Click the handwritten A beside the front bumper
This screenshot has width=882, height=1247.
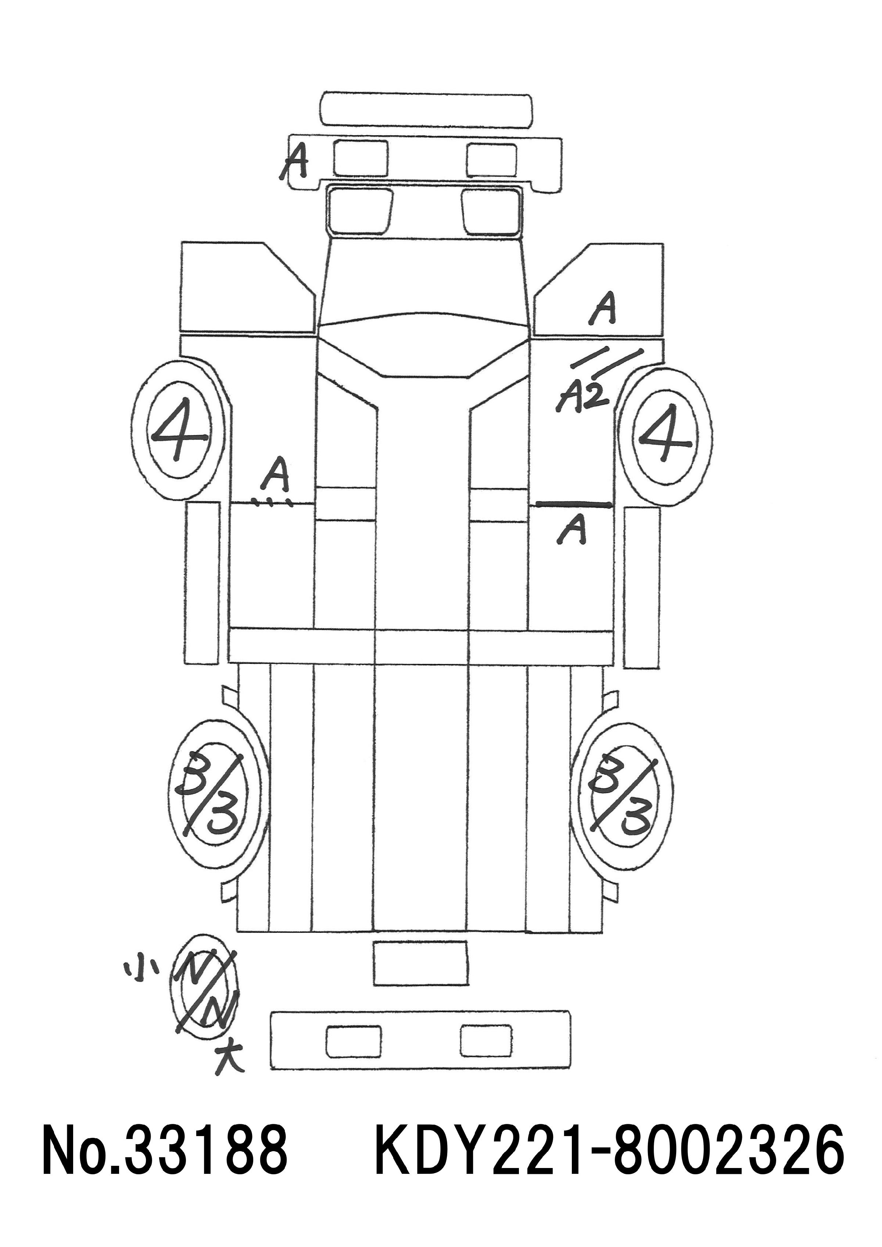tap(294, 161)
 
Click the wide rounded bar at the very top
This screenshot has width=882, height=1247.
tap(426, 110)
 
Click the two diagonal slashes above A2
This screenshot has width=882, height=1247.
tap(607, 362)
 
